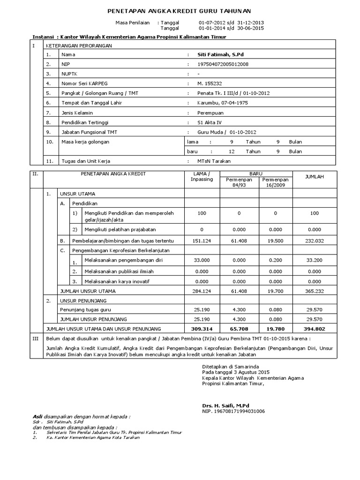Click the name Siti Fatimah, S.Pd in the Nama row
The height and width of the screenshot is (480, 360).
[x=218, y=55]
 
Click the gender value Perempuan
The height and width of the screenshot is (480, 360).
[x=211, y=113]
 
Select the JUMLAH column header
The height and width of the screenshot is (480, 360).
[x=314, y=177]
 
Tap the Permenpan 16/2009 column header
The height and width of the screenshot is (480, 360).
[x=276, y=182]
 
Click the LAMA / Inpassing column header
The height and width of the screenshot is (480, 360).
[x=202, y=176]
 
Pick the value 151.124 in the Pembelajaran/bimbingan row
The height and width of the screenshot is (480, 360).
[x=202, y=240]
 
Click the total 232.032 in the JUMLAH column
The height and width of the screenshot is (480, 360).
[x=314, y=240]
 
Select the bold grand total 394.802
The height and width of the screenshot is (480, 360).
[x=314, y=329]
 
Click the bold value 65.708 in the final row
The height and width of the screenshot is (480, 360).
[x=239, y=329]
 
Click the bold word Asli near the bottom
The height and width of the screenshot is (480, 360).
[x=37, y=416]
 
